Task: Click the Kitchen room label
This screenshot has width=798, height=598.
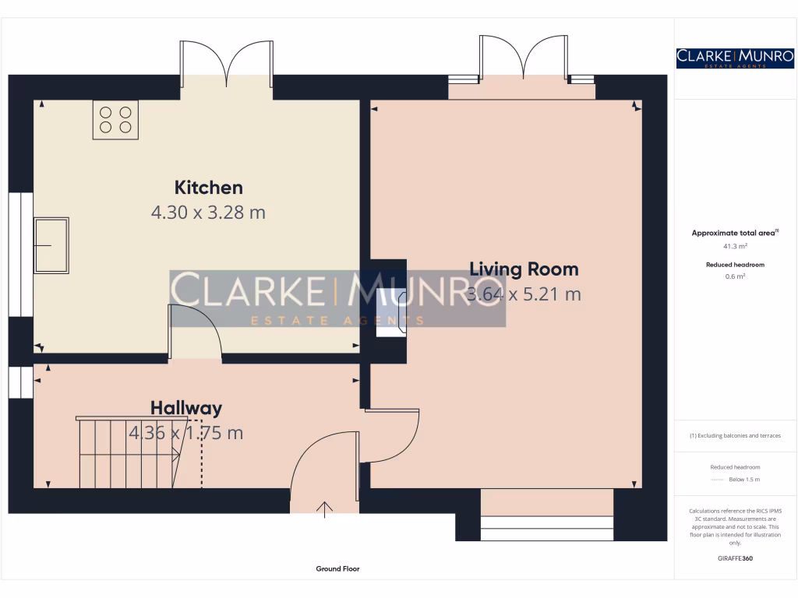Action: coord(208,188)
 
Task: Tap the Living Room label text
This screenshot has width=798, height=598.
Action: coord(524,269)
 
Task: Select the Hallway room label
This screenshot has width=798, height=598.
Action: coord(186,408)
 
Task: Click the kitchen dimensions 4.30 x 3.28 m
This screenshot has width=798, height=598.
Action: coord(208,212)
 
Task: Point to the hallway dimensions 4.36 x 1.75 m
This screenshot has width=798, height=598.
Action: coord(186,433)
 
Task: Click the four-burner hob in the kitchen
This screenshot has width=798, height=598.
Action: coord(115,120)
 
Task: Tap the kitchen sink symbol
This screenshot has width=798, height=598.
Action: coord(51,245)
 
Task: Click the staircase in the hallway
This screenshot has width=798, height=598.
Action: coord(129,452)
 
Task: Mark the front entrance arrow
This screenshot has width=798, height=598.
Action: coord(324,509)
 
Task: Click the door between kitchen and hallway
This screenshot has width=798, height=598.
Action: coord(195,331)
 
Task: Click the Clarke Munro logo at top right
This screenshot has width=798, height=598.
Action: coord(735,58)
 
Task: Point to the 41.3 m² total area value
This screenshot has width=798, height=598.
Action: coord(735,246)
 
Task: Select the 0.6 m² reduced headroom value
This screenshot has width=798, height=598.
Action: coord(735,276)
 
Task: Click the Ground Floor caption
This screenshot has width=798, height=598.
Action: coord(337,569)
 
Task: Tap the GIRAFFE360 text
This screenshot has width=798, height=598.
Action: coord(735,558)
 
